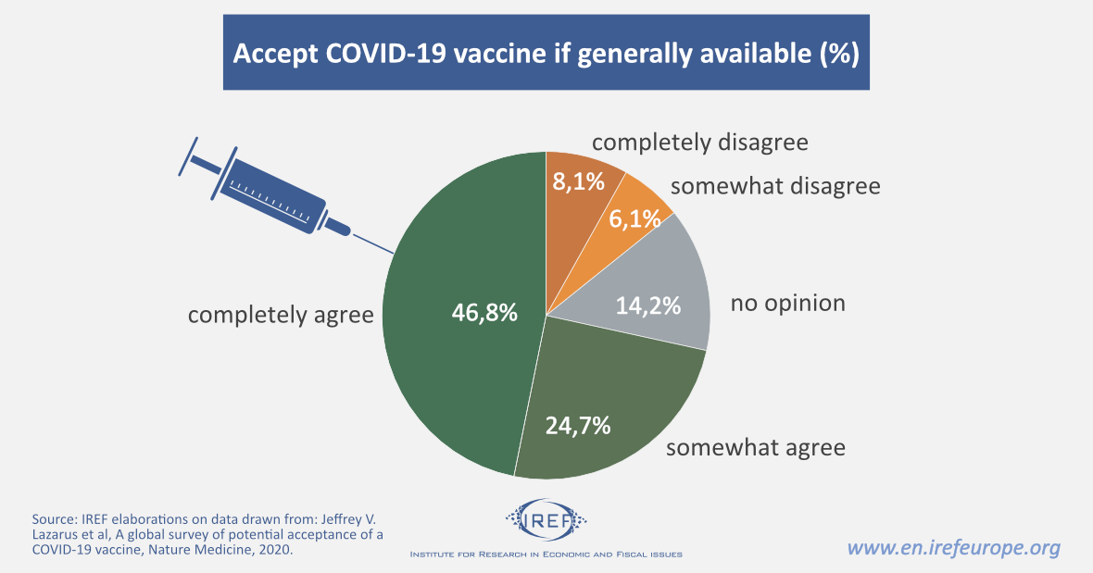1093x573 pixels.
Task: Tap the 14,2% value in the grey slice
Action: pyautogui.click(x=648, y=304)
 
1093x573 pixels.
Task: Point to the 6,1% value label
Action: pyautogui.click(x=634, y=219)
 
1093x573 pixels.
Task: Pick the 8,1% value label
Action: pyautogui.click(x=579, y=182)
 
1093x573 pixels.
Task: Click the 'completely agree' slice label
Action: pyautogui.click(x=281, y=315)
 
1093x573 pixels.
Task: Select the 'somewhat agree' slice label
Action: pyautogui.click(x=756, y=448)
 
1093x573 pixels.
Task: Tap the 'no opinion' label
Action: pyautogui.click(x=787, y=303)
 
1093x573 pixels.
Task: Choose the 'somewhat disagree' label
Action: pyautogui.click(x=775, y=186)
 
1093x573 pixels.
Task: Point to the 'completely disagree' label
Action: pyautogui.click(x=699, y=143)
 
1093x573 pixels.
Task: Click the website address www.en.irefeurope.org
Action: pyautogui.click(x=954, y=548)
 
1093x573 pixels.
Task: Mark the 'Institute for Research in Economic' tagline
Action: pyautogui.click(x=546, y=554)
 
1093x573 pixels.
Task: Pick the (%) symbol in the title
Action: pyautogui.click(x=839, y=54)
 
